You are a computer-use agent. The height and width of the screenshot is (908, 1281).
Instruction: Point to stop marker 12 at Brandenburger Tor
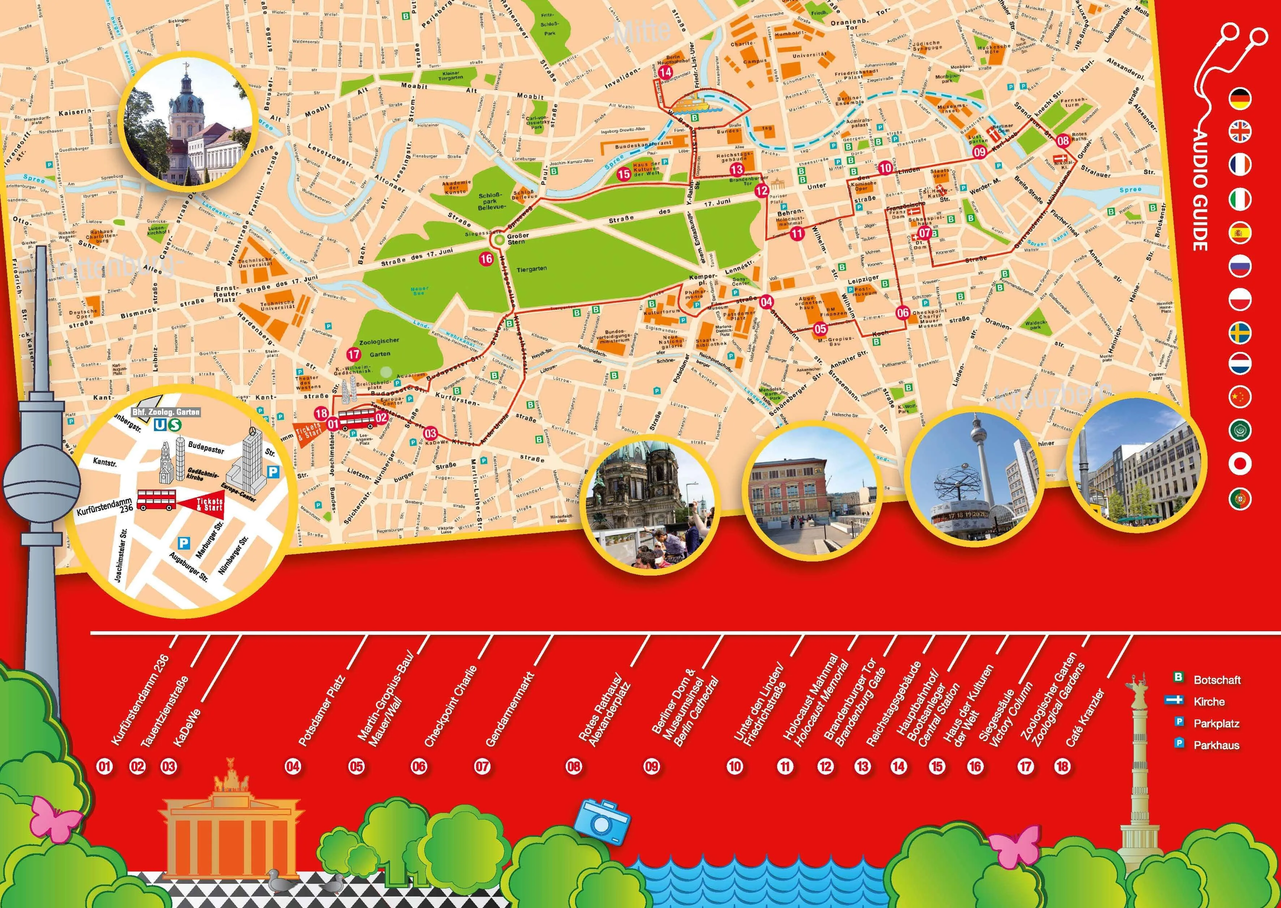tap(762, 190)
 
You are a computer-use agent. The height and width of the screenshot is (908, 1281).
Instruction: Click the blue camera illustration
tap(604, 823)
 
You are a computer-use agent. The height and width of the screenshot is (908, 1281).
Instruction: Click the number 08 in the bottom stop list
tap(574, 766)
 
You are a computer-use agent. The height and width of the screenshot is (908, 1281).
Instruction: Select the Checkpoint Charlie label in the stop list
tap(451, 707)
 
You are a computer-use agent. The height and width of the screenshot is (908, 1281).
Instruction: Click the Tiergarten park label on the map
tap(531, 269)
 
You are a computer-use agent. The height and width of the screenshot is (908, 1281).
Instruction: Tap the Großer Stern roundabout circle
tap(497, 240)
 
